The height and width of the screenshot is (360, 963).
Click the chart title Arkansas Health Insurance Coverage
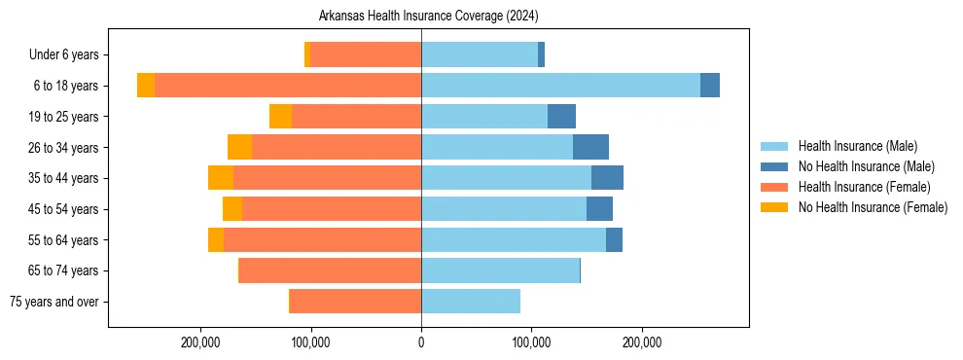point(429,17)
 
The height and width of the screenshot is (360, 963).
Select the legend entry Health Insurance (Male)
point(857,146)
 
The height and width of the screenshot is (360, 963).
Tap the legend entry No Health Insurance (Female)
point(873,207)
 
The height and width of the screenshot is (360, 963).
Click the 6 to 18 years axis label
point(65,86)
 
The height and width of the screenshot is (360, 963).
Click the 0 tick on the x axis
point(421,342)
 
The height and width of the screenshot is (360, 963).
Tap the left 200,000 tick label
point(201,342)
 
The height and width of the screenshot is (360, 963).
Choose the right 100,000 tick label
point(531,342)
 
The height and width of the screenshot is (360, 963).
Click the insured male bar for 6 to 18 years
point(560,86)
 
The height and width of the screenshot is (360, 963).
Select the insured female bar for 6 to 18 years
point(288,86)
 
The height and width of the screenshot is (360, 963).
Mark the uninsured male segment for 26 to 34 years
point(590,147)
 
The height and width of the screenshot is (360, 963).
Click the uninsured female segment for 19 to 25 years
point(280,117)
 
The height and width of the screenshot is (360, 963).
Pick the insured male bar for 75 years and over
point(471,302)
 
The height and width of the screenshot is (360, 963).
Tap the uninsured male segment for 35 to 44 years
point(607,178)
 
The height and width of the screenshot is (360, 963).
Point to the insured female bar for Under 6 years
point(366,54)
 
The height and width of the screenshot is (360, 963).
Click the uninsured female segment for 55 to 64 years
point(216,239)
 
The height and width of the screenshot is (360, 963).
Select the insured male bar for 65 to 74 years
point(500,270)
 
